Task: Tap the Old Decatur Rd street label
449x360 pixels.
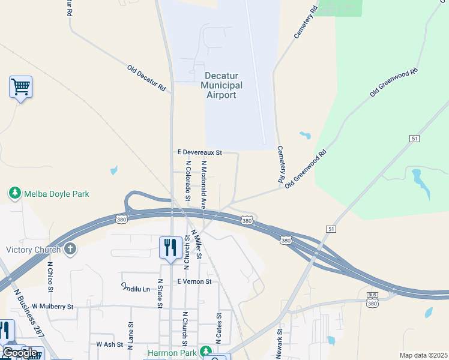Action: coord(146,78)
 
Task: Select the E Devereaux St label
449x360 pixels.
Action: coord(200,153)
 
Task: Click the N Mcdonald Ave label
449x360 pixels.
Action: coord(204,184)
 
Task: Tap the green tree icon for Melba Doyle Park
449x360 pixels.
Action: coord(14,193)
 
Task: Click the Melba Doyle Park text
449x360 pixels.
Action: coord(56,194)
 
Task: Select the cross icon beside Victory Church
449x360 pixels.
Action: coord(70,249)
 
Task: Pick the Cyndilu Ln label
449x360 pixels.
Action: coord(135,288)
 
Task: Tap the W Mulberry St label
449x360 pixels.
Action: coord(52,307)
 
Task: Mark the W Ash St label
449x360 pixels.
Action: coord(110,344)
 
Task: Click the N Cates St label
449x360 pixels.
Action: coord(220,328)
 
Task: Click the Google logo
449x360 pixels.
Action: coord(20,353)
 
